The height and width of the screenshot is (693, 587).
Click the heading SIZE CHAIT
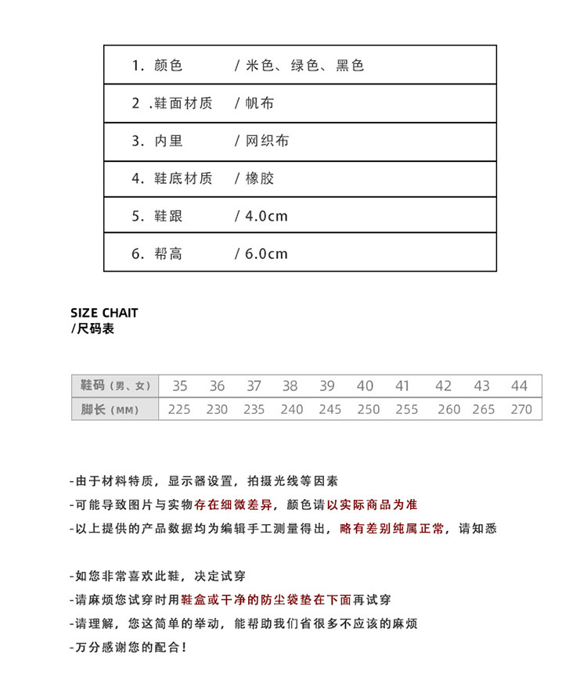(x=104, y=313)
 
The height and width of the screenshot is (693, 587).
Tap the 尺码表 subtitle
(x=95, y=329)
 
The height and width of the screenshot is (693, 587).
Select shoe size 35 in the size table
(x=180, y=386)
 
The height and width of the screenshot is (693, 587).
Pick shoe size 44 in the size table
(x=520, y=386)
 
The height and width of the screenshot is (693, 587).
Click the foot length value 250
(x=368, y=409)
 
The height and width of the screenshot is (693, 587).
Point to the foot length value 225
(x=179, y=409)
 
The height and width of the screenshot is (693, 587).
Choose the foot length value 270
(x=520, y=409)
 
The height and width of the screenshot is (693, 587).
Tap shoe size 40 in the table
(x=365, y=386)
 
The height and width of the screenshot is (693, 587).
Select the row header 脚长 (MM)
(x=110, y=409)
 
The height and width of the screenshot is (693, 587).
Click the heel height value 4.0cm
(x=266, y=216)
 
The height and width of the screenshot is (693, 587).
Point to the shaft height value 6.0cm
(x=266, y=253)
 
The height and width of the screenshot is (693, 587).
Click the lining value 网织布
(x=267, y=141)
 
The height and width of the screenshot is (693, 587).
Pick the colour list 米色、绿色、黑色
(x=304, y=66)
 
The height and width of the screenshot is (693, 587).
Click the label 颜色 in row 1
(x=168, y=66)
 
